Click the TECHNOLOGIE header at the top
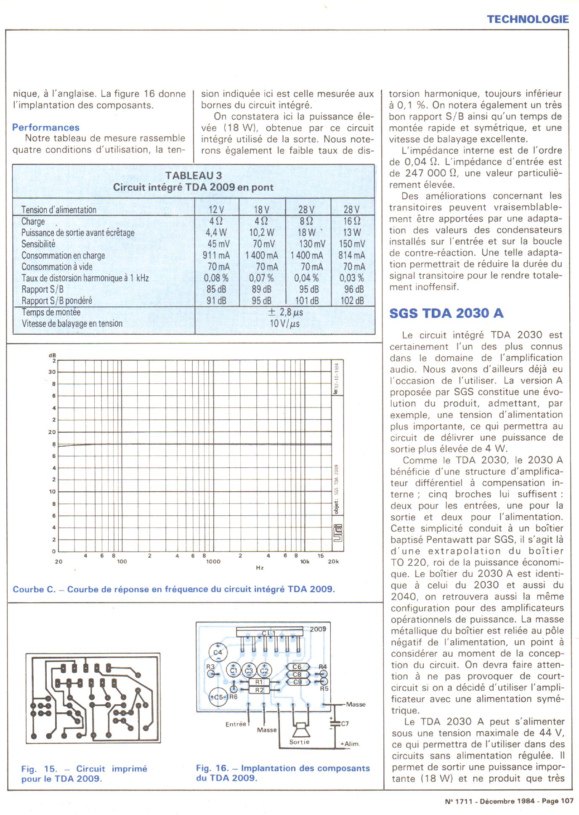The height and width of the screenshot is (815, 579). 528,19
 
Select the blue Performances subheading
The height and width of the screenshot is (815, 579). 45,128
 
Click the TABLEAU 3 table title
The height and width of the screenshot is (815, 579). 193,176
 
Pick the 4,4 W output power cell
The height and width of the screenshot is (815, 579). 216,232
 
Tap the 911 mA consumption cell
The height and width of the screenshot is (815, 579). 216,255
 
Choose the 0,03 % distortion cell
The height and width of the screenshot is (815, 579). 351,278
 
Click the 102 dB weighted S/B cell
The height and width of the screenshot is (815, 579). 352,301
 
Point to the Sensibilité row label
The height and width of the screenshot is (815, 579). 38,244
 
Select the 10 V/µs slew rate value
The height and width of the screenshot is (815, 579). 284,323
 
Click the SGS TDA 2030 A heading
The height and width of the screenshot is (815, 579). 446,314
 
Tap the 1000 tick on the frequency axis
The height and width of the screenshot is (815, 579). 213,562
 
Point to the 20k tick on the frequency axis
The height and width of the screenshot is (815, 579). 333,562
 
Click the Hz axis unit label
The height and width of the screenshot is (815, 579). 260,568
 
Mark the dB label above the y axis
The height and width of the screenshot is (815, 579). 52,355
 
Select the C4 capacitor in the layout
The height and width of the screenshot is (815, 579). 218,653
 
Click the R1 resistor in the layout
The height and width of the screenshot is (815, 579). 259,682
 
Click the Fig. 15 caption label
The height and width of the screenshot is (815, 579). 39,769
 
